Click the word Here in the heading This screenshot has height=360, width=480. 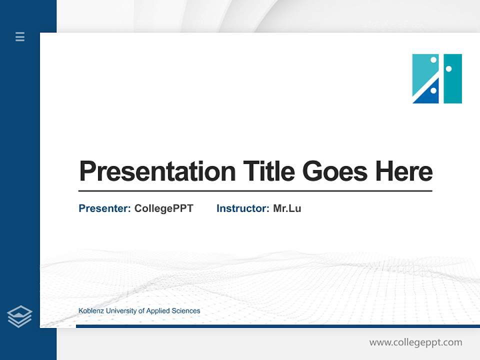(403, 171)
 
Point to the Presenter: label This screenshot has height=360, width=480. (104, 208)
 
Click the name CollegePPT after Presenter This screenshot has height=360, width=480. (163, 208)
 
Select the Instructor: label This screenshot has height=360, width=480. (242, 208)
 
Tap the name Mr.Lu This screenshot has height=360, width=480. (287, 208)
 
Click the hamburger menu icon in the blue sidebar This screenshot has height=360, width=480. (20, 36)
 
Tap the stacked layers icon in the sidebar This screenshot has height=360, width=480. (19, 316)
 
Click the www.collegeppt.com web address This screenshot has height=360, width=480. (415, 342)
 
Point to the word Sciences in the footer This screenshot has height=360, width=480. (185, 311)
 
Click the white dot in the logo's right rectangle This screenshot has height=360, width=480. (448, 68)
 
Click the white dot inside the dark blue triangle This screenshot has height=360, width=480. (433, 90)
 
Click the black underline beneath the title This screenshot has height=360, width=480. (255, 190)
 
